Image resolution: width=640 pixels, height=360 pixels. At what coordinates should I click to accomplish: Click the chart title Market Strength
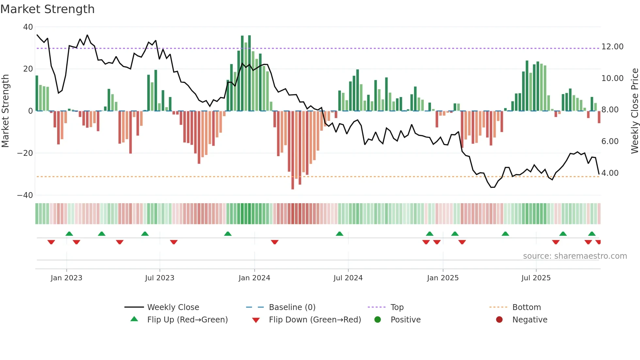pos(47,9)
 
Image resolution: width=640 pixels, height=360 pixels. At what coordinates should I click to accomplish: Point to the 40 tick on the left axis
pos(28,27)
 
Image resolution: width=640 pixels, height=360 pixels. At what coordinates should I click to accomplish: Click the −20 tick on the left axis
pos(25,153)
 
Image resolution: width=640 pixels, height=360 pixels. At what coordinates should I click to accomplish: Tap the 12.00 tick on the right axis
pos(612,47)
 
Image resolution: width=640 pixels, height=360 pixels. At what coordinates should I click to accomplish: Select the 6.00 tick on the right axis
pos(610,141)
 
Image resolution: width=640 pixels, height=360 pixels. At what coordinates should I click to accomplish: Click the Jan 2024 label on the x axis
pos(254,278)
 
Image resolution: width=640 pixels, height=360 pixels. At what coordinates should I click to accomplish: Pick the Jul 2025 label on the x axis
pos(536,278)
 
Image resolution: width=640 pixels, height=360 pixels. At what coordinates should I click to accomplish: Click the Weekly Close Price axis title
pos(634,111)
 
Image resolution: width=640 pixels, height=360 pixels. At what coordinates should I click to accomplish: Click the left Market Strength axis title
pos(5,111)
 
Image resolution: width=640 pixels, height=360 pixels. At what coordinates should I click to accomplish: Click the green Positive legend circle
pos(378,320)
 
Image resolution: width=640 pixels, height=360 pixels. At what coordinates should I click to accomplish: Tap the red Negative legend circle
pos(499,320)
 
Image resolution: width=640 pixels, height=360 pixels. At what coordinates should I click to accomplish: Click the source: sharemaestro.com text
pos(575,256)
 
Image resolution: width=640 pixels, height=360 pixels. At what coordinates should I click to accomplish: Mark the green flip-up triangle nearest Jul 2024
pos(340,234)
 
